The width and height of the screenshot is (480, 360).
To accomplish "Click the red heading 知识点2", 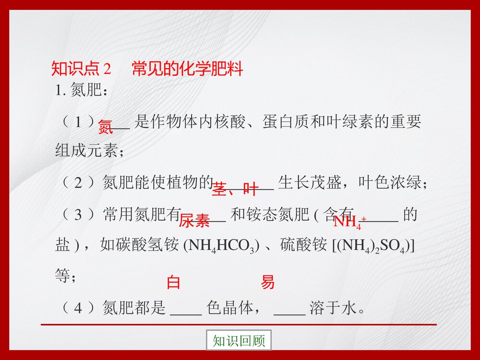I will [x=81, y=69].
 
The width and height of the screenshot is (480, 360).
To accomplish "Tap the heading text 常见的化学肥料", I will [x=187, y=69].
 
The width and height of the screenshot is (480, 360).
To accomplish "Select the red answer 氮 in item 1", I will [x=105, y=127].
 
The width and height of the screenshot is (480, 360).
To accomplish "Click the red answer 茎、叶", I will [x=235, y=189].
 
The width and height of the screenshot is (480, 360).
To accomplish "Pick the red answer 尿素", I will [x=194, y=221].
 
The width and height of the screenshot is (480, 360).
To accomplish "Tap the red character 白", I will [x=173, y=282].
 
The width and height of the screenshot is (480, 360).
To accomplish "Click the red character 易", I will [x=267, y=282].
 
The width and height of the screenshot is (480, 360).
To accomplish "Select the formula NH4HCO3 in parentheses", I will [x=222, y=246].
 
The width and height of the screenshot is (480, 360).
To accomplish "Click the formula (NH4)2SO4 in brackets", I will [x=374, y=246].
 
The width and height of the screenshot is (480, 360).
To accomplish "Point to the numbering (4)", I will [x=77, y=308].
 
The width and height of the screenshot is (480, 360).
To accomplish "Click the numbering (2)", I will [x=77, y=182].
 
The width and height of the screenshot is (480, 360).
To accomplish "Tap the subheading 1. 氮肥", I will [x=82, y=91].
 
